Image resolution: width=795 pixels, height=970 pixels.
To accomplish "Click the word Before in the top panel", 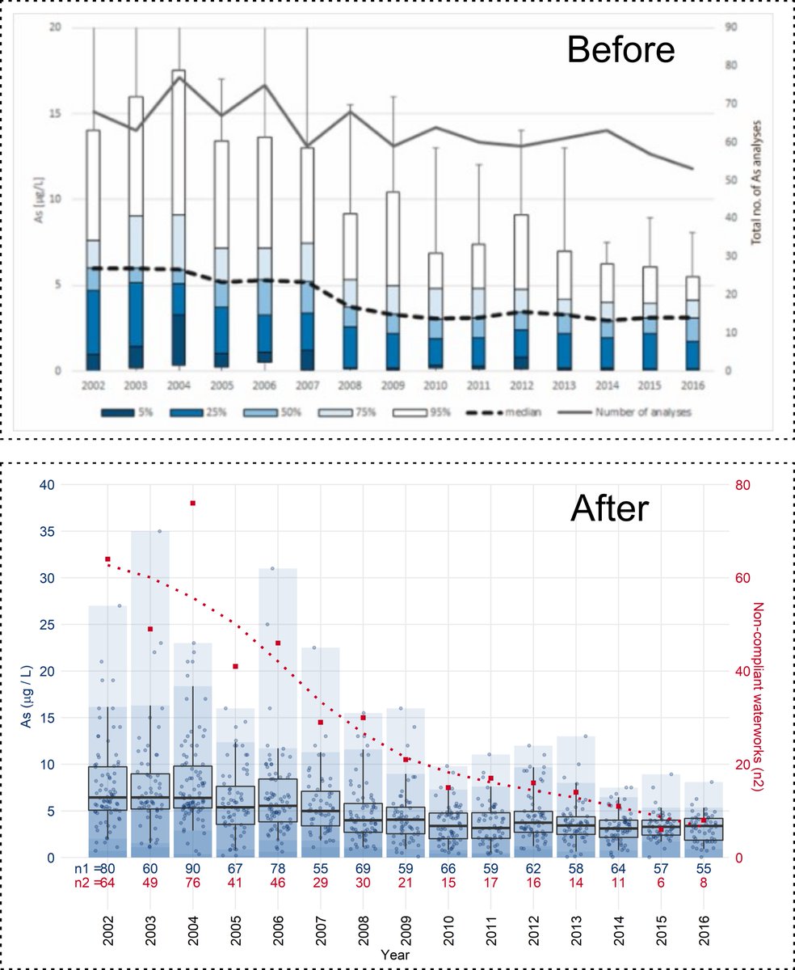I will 620,50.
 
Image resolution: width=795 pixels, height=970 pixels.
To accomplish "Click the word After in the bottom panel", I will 608,509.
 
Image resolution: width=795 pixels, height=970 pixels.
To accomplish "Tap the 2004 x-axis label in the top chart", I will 179,386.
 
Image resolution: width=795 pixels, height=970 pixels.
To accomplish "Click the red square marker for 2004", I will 193,504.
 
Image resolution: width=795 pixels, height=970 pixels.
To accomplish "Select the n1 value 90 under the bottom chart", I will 192,868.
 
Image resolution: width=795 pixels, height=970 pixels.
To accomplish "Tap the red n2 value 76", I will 192,883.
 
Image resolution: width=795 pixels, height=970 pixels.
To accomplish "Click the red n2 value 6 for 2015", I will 661,883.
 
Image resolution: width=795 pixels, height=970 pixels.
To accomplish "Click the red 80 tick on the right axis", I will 738,485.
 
